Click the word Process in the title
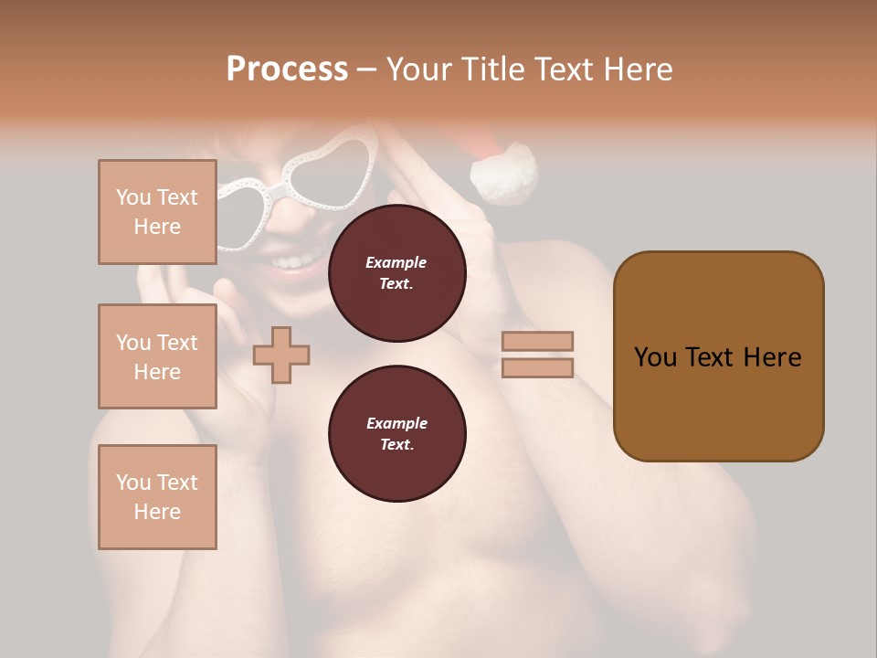coord(287,69)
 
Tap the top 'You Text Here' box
coord(157,212)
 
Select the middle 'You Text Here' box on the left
coord(157,356)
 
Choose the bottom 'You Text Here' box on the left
coord(157,496)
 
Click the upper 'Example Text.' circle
coord(396,272)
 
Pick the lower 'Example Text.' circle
coord(396,433)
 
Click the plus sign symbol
coord(281,355)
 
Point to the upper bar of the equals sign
coord(537,341)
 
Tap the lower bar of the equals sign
coord(537,367)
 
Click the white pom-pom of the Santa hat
coord(504,173)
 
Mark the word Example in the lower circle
coord(396,423)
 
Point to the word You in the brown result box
coord(654,357)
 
